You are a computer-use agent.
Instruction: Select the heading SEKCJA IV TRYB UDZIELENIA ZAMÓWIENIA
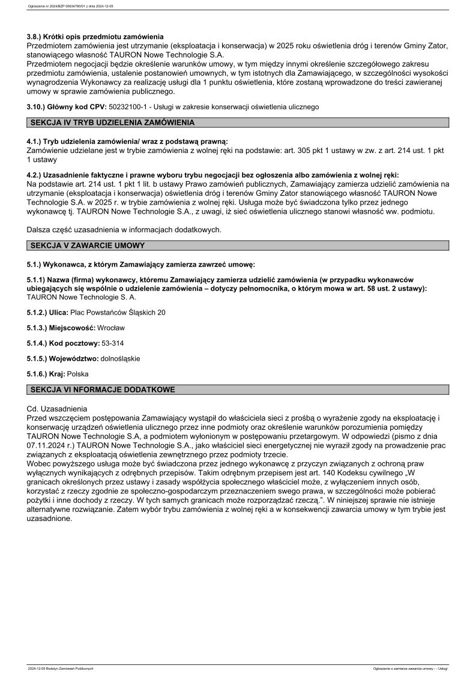pyautogui.click(x=112, y=123)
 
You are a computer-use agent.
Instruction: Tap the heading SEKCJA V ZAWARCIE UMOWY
pyautogui.click(x=88, y=245)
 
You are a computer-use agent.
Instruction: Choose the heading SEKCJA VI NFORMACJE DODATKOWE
pyautogui.click(x=103, y=390)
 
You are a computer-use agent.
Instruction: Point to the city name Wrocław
pyautogui.click(x=111, y=328)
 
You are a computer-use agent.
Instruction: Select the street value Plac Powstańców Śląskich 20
pyautogui.click(x=118, y=313)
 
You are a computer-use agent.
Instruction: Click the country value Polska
pyautogui.click(x=78, y=373)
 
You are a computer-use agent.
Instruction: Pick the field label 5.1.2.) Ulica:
pyautogui.click(x=48, y=313)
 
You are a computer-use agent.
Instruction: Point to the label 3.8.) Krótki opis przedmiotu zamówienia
pyautogui.click(x=95, y=37)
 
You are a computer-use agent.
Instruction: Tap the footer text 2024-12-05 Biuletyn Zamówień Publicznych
pyautogui.click(x=61, y=668)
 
